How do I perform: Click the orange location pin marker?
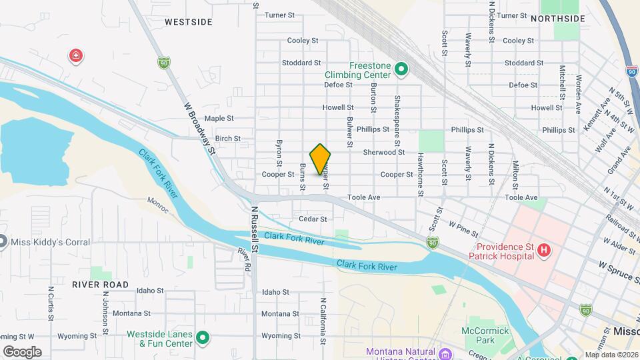(x=321, y=159)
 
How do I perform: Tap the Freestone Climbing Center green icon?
(x=401, y=69)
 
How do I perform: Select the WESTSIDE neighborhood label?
(x=189, y=22)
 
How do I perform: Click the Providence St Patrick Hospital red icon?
(x=544, y=251)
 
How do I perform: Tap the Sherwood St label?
(x=383, y=152)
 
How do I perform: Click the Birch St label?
(x=227, y=139)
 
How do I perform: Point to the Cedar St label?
(x=313, y=219)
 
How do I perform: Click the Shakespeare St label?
(x=397, y=120)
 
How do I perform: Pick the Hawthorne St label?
(x=421, y=175)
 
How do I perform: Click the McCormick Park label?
(x=485, y=335)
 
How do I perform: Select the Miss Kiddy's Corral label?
(x=50, y=242)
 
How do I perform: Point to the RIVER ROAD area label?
(x=101, y=284)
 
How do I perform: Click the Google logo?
(x=22, y=351)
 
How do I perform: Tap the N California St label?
(x=323, y=321)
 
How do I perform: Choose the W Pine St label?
(x=464, y=229)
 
